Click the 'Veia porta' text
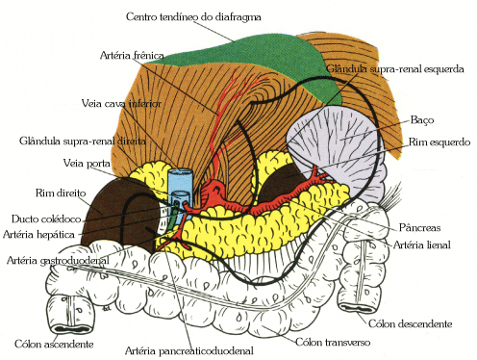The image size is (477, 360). [88, 163]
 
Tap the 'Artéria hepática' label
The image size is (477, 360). [42, 234]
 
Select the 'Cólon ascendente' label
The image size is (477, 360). [54, 344]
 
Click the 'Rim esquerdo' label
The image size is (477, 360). [439, 142]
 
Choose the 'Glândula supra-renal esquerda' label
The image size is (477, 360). [395, 70]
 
